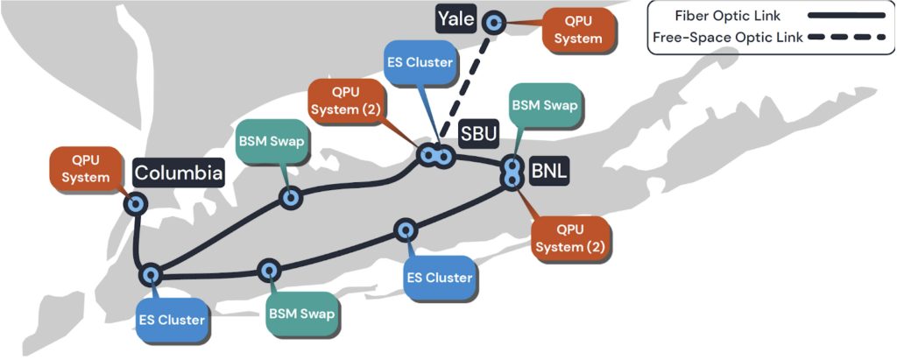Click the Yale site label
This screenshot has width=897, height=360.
coord(456,19)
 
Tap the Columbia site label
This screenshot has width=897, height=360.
coord(178,173)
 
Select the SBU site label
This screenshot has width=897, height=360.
coord(478,135)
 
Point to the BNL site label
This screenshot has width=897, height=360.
coord(548,170)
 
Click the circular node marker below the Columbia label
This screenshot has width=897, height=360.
coord(136,204)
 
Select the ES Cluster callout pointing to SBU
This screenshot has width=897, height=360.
coord(420,62)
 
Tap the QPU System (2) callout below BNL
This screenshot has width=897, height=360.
coord(571,237)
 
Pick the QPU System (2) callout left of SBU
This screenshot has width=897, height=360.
coord(346,102)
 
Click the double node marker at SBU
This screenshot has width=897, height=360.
coord(435,156)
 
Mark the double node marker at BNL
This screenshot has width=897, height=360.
coord(510,173)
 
